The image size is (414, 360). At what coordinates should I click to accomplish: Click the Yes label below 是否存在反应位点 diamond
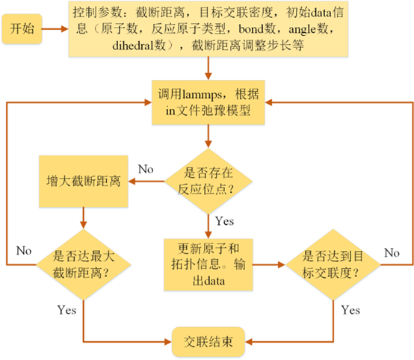(x=223, y=221)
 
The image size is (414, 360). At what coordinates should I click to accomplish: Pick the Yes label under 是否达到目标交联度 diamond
(x=349, y=308)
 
